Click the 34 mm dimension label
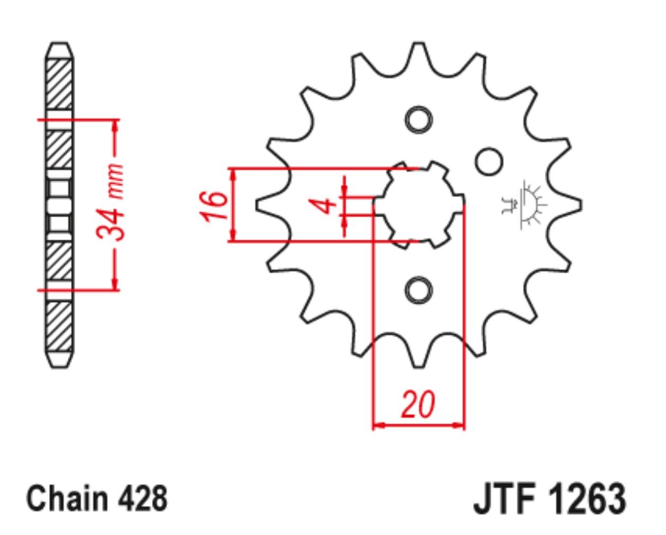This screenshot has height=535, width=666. pos(111,202)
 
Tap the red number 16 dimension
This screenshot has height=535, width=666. pos(213,206)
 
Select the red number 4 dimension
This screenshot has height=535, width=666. pos(323,206)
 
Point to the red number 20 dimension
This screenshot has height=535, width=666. pos(418,404)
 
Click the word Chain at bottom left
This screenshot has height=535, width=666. pos(68,498)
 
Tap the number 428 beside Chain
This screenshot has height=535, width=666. pos(143,498)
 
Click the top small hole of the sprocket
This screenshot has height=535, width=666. pos(419,119)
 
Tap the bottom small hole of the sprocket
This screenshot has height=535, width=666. pos(419,290)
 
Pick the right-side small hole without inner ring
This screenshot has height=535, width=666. pos(489,162)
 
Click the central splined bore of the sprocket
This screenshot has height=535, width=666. pos(418,205)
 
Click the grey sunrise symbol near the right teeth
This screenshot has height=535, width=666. pos(524,205)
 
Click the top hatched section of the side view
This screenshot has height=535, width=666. pos(59,84)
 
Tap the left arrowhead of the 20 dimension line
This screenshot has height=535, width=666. pos(378,426)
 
